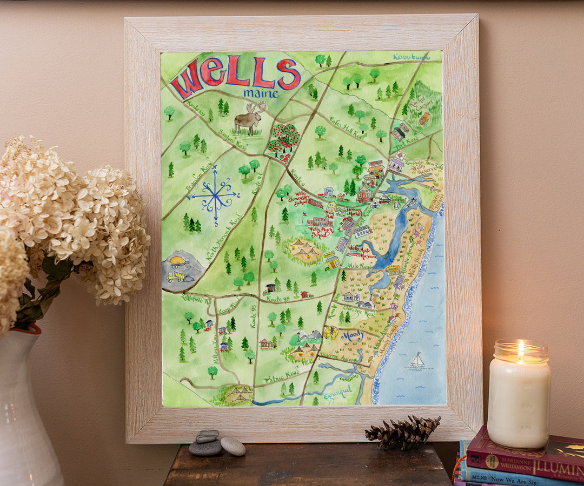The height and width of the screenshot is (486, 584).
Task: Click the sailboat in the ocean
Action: point(417,360)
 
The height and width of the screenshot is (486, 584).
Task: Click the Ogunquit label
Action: point(338,393)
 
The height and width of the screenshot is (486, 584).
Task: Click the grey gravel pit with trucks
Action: point(181,269)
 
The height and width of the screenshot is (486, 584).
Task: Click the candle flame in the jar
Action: point(520,350)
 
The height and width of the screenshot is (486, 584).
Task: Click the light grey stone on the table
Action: point(233,446)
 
